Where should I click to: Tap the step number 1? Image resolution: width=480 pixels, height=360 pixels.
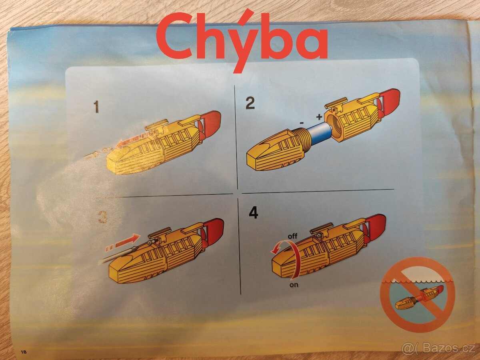(96, 107)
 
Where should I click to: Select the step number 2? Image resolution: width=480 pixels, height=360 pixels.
(250, 103)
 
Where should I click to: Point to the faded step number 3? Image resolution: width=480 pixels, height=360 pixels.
(103, 216)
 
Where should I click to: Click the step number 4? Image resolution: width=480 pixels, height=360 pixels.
(253, 213)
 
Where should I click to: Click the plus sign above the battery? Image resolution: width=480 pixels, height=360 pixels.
(319, 117)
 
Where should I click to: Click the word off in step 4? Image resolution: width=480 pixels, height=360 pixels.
(292, 236)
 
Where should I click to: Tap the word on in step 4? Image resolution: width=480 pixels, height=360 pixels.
(294, 285)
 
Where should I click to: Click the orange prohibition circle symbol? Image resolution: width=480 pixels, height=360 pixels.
(417, 295)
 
